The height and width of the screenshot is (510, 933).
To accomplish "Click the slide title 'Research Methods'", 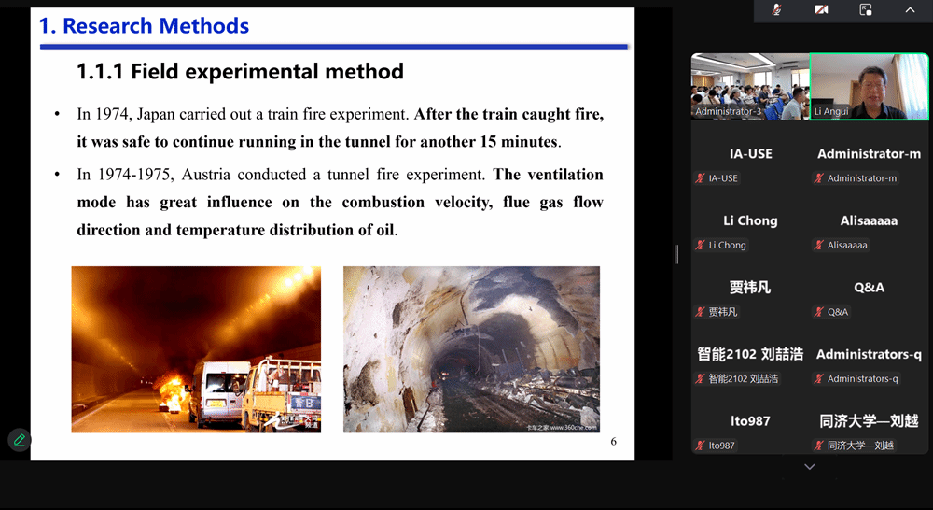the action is [x=156, y=26].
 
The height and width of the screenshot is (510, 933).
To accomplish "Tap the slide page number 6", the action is [x=614, y=442].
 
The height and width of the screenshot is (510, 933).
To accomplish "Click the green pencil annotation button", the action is [x=19, y=440].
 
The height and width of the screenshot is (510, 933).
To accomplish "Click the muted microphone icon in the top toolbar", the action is [x=776, y=10].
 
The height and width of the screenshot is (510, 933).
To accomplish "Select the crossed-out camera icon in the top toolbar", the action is [x=821, y=10].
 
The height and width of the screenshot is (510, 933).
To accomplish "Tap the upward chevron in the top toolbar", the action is [x=910, y=10].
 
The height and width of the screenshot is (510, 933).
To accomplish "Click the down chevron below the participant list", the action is [x=809, y=466].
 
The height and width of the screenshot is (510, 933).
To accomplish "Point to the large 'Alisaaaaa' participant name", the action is [x=869, y=220].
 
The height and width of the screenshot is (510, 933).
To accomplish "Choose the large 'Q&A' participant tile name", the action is [x=869, y=288].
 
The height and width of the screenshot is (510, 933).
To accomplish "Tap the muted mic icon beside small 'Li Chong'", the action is [x=701, y=245].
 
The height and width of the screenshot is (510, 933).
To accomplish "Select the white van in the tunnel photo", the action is [x=218, y=392].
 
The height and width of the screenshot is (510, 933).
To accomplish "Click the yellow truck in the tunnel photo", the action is [x=282, y=393].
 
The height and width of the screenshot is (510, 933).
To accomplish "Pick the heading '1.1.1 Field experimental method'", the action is [x=241, y=72].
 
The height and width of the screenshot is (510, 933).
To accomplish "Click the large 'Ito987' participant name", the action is [x=750, y=421].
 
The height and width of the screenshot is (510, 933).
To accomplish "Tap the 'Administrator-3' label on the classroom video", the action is [x=728, y=111].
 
